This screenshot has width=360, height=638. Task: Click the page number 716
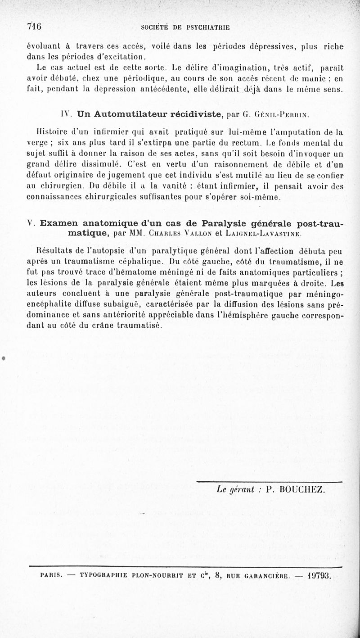[x=34, y=26]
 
